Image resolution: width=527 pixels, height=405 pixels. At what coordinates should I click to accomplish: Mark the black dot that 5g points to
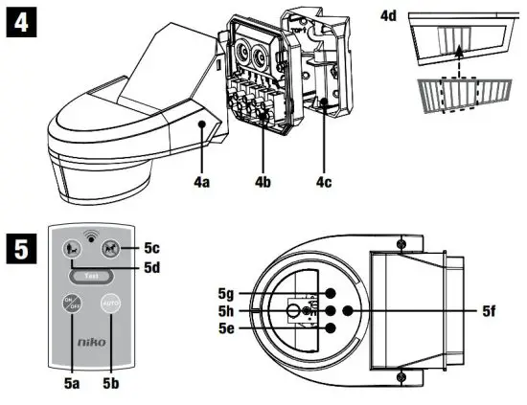coord(329,293)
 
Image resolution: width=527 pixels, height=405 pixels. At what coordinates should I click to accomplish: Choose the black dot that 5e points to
coord(329,328)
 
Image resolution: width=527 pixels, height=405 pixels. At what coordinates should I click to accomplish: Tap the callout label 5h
coord(226,311)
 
